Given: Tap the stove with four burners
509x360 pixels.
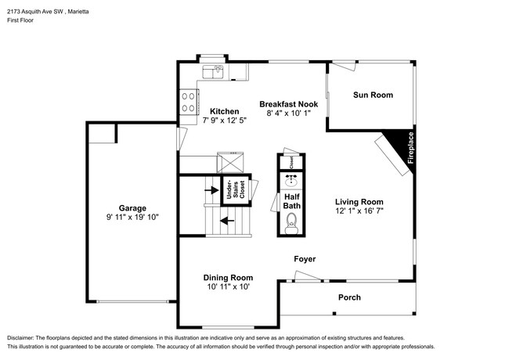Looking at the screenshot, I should (189, 102).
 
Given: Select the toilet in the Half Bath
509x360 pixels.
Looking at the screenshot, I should (291, 227).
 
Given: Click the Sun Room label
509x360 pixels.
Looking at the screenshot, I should (373, 95).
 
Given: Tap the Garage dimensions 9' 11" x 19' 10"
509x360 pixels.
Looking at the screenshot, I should (132, 217).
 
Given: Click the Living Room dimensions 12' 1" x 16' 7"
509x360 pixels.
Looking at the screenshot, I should (359, 211).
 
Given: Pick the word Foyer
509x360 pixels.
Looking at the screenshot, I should (305, 258).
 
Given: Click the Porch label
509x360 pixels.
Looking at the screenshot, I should (349, 297).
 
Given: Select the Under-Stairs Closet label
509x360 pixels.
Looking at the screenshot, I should (231, 191).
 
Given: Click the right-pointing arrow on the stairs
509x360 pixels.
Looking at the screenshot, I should (210, 189).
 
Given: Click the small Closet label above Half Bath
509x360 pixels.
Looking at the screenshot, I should (291, 162).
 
